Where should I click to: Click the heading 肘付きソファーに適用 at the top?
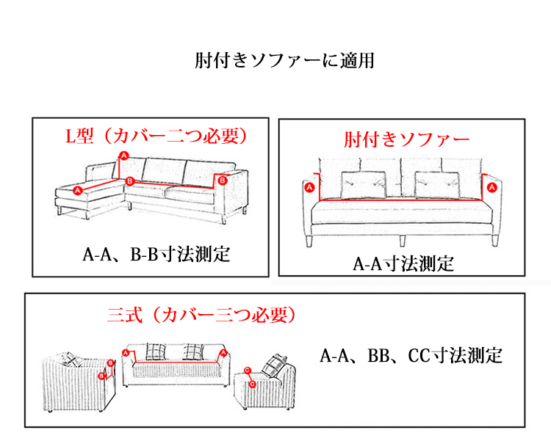(285, 60)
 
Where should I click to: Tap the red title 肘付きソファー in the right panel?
(406, 139)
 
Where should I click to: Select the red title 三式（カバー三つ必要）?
(201, 316)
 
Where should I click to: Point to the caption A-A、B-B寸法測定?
(156, 255)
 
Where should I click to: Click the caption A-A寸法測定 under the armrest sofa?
(403, 263)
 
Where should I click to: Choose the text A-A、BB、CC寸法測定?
(411, 357)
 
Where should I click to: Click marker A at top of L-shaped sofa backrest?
(123, 156)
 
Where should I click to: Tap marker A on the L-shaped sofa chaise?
(79, 190)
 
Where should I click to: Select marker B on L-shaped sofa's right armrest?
(224, 179)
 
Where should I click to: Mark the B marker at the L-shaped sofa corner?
(129, 181)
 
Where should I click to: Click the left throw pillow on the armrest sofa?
(367, 184)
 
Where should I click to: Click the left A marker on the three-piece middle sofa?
(126, 353)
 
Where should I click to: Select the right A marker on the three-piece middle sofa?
(221, 354)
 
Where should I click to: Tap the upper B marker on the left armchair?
(110, 362)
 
